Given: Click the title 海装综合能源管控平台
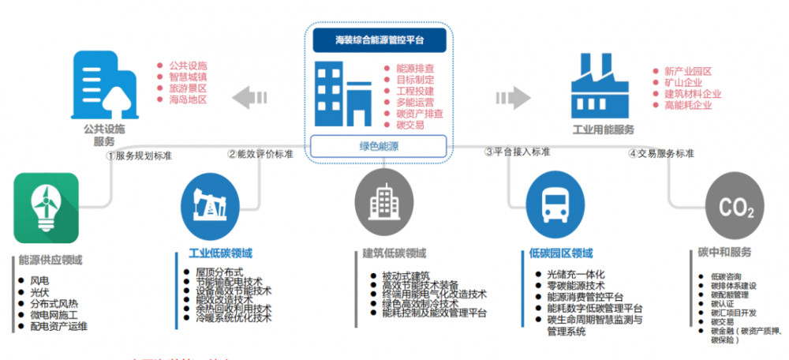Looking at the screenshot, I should (379, 39).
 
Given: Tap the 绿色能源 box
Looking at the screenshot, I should (379, 146).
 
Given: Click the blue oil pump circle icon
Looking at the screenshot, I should (209, 204).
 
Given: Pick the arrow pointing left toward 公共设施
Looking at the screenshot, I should (252, 99).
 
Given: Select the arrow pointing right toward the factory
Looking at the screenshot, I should (510, 99).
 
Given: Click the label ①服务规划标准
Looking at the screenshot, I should (139, 156).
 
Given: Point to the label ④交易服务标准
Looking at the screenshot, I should (661, 153).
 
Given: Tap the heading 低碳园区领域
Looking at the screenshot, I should (561, 253).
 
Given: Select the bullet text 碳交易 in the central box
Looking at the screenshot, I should (409, 125).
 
